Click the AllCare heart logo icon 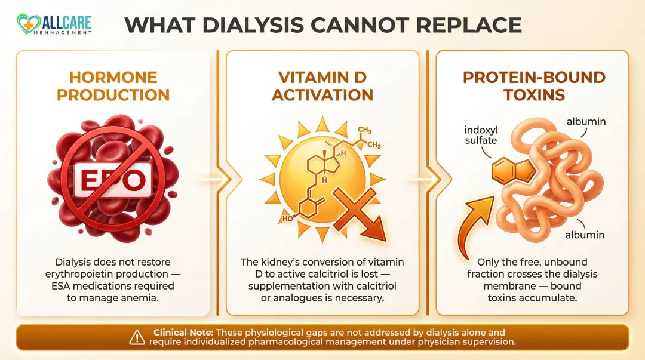(27, 23)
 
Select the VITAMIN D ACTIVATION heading (322, 86)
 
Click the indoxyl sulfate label (481, 134)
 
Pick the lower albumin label (585, 235)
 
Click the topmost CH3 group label (364, 130)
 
